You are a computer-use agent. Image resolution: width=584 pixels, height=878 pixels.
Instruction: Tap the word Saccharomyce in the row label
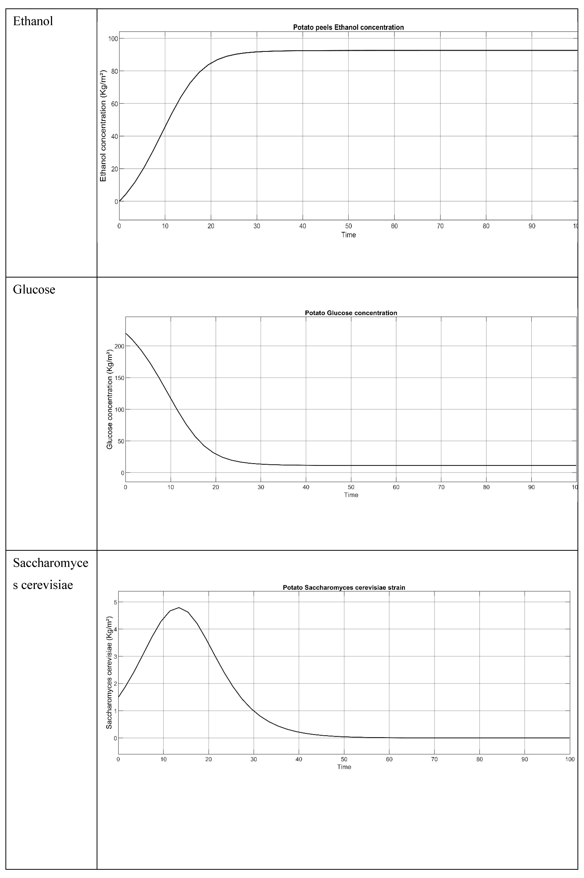(51, 563)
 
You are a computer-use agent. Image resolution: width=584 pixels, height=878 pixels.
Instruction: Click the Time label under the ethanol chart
(349, 235)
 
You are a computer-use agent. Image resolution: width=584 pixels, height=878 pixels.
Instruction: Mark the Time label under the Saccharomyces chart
(344, 767)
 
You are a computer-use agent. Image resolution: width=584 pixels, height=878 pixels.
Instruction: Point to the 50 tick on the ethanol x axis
(348, 226)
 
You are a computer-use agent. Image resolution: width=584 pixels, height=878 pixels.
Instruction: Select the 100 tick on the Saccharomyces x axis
(570, 759)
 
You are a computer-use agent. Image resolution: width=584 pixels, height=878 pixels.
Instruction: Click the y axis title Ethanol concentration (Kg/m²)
(103, 125)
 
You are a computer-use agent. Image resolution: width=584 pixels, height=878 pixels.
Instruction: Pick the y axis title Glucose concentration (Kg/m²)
(110, 399)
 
